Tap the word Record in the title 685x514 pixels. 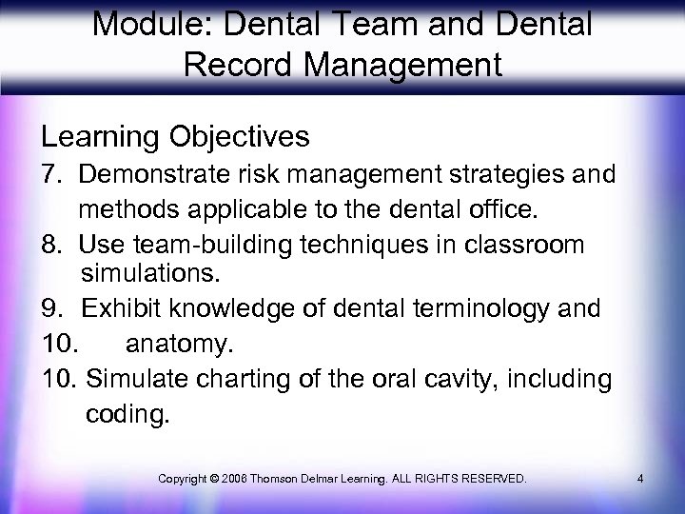pos(225,67)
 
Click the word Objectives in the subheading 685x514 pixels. pos(242,137)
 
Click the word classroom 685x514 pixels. pos(534,244)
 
